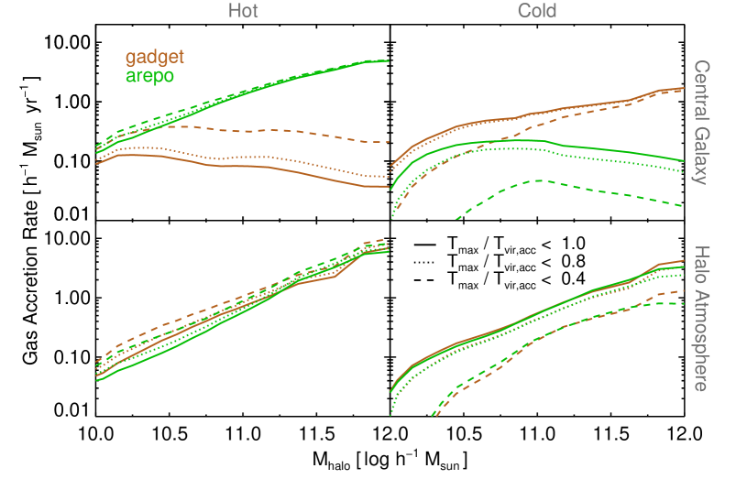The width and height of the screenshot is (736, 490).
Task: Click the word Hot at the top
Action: click(243, 11)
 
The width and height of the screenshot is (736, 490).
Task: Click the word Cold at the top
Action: click(536, 11)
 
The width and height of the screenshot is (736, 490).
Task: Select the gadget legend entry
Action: click(155, 58)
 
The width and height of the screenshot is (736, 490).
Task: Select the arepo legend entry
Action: click(150, 75)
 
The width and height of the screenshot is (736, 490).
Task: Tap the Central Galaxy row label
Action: click(700, 122)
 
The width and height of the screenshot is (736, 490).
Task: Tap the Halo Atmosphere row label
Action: click(700, 318)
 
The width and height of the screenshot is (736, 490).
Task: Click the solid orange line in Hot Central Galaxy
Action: click(275, 169)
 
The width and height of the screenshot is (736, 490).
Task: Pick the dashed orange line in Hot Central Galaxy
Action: click(275, 130)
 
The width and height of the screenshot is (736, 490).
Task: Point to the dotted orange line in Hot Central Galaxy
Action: click(275, 158)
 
